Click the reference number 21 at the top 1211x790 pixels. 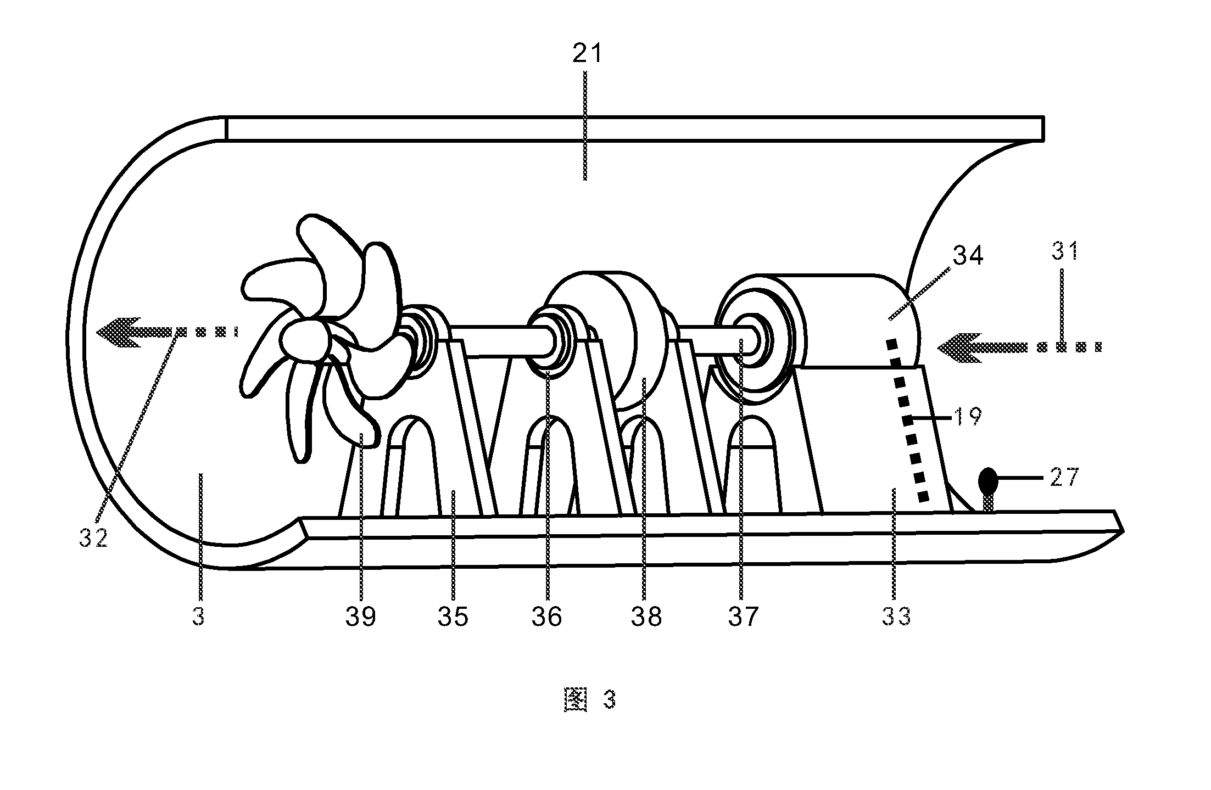[588, 54]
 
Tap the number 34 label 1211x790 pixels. [968, 257]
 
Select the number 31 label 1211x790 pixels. [1065, 251]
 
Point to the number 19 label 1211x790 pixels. [968, 417]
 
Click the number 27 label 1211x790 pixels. [1065, 478]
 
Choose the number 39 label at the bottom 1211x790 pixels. [361, 617]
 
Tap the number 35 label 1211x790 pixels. [453, 617]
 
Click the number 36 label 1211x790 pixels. [547, 617]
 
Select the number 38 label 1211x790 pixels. [646, 617]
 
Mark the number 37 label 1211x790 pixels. [744, 617]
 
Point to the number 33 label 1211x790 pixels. [896, 617]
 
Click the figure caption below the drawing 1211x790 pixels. [590, 700]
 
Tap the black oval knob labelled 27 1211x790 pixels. [988, 481]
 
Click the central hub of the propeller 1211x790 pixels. [305, 341]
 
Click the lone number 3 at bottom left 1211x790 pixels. [198, 617]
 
